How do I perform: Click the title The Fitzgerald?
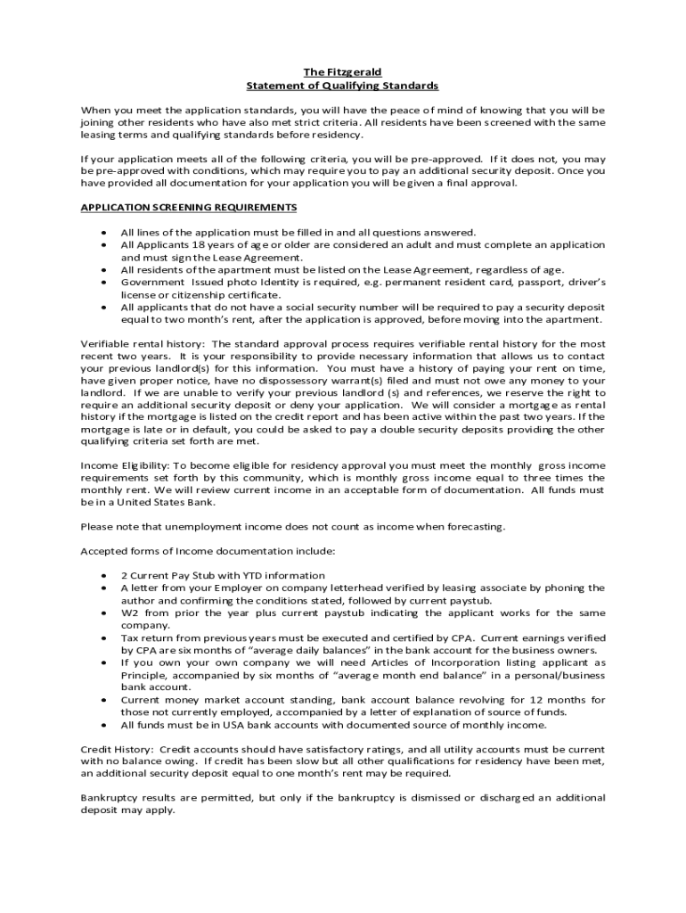coord(343,71)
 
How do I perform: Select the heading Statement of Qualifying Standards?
coord(343,85)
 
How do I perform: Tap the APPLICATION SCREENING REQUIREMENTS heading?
coord(189,207)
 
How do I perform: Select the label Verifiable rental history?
coord(143,343)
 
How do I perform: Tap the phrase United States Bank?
coord(168,503)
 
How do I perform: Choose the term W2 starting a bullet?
coord(129,613)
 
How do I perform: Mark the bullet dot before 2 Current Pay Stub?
coord(105,575)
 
